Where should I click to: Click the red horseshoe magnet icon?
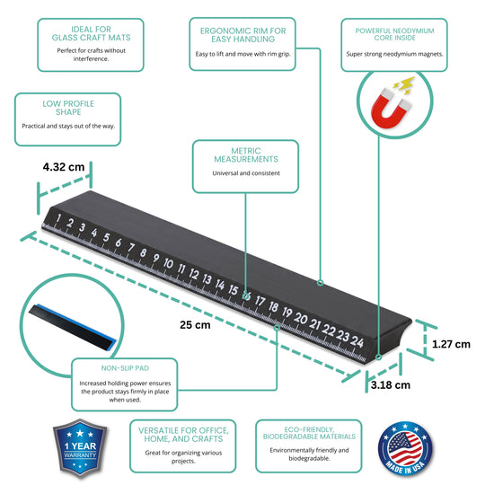pyautogui.click(x=391, y=108)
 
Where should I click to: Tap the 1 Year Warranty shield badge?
pyautogui.click(x=80, y=447)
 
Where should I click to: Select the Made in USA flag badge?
pyautogui.click(x=405, y=448)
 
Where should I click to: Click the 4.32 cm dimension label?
pyautogui.click(x=64, y=167)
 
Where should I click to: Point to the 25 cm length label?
pyautogui.click(x=195, y=325)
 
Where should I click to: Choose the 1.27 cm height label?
pyautogui.click(x=451, y=344)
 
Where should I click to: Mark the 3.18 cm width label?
pyautogui.click(x=391, y=385)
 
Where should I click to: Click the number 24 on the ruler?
pyautogui.click(x=357, y=341)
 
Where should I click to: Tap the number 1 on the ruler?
pyautogui.click(x=57, y=218)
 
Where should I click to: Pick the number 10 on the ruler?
pyautogui.click(x=168, y=263)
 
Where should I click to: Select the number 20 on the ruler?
pyautogui.click(x=301, y=318)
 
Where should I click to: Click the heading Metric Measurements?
pyautogui.click(x=246, y=155)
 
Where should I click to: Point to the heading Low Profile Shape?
pyautogui.click(x=68, y=108)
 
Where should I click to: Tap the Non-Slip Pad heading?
pyautogui.click(x=125, y=368)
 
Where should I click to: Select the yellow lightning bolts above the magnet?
pyautogui.click(x=404, y=85)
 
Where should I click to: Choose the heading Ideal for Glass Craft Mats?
pyautogui.click(x=91, y=33)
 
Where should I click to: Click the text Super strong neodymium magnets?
pyautogui.click(x=394, y=54)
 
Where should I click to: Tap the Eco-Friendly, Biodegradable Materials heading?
pyautogui.click(x=309, y=433)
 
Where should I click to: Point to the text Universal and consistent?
pyautogui.click(x=246, y=173)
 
